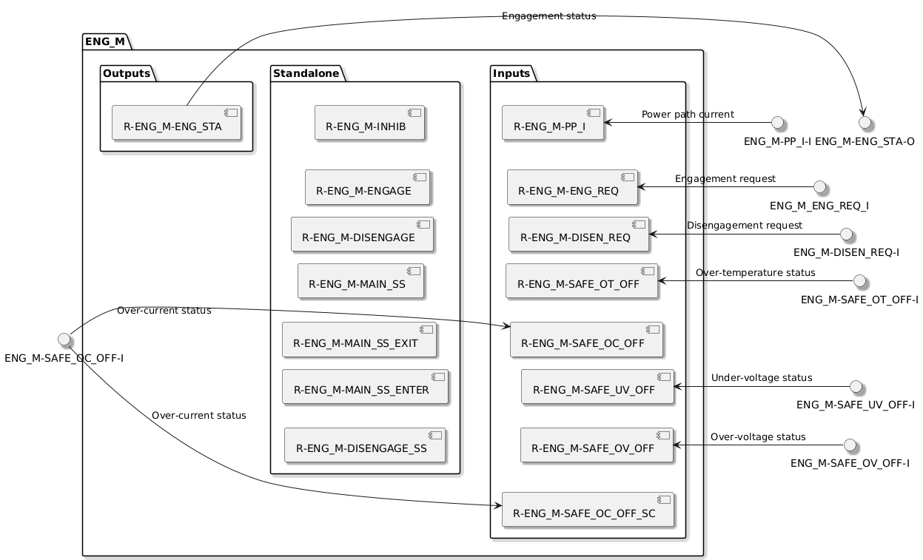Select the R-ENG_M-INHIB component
[369, 123]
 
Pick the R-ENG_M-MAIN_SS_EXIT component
[359, 340]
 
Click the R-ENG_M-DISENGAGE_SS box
[365, 445]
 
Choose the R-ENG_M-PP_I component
[552, 123]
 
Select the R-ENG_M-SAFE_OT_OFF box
[582, 281]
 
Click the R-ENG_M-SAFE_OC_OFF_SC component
[588, 510]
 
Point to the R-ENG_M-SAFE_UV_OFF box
[597, 386]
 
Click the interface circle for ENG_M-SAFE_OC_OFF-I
[64, 339]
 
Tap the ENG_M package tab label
[105, 41]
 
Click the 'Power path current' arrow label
[688, 115]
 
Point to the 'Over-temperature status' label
[755, 273]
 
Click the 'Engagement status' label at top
[548, 16]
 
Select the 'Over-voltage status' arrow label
[758, 436]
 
